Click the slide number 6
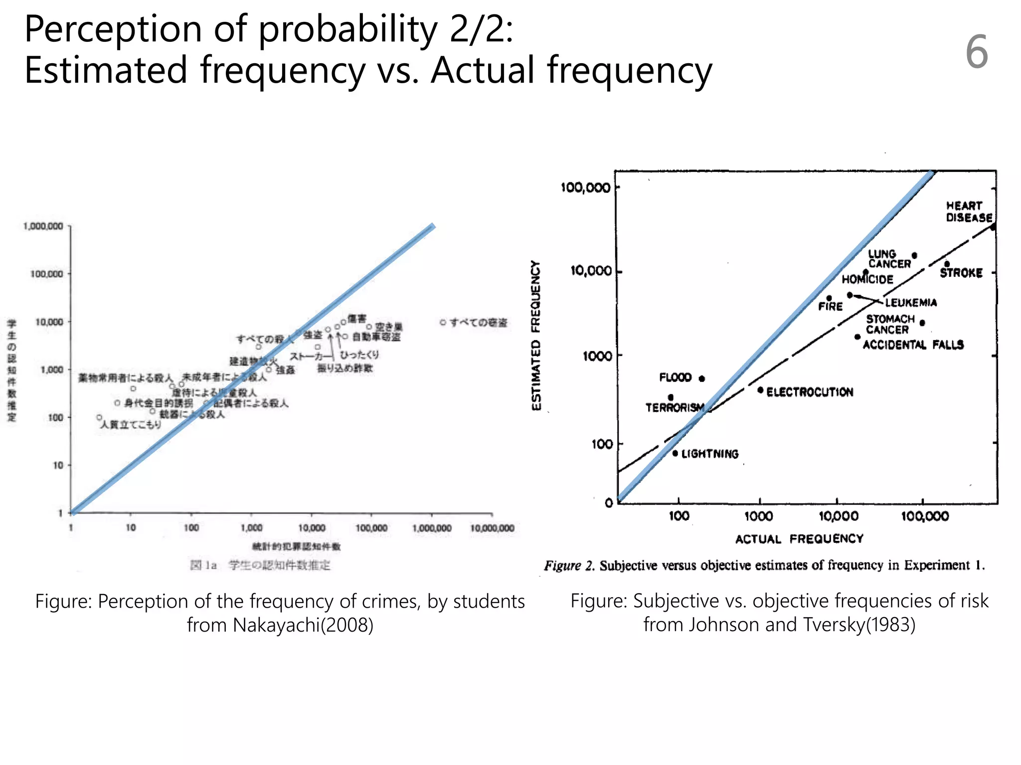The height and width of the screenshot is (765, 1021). tap(976, 52)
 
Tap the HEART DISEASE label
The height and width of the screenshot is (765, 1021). tap(969, 212)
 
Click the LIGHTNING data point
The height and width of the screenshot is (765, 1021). tap(675, 453)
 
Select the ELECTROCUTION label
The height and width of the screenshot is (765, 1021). tap(810, 392)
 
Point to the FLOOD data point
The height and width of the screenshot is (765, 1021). tap(702, 379)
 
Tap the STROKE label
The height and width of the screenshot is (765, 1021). tap(961, 273)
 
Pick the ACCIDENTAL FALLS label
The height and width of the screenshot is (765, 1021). tap(913, 345)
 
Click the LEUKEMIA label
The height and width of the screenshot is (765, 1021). tap(911, 303)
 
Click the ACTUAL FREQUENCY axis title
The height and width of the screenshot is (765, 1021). tap(799, 539)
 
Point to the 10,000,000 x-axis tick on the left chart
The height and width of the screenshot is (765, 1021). tap(492, 528)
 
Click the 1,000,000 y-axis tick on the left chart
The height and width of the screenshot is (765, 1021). tap(43, 226)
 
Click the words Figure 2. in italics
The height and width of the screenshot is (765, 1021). tap(569, 566)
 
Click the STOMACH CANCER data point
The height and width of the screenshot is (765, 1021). tap(922, 323)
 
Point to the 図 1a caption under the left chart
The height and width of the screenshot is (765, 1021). tap(203, 565)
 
